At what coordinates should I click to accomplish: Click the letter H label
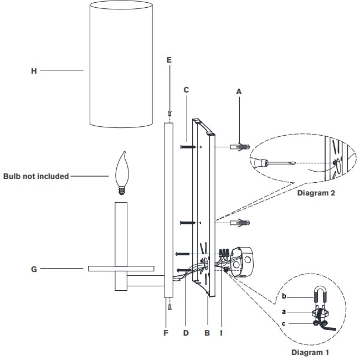pyautogui.click(x=34, y=71)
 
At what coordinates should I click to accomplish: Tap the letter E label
pyautogui.click(x=169, y=60)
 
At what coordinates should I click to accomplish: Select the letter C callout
pyautogui.click(x=186, y=90)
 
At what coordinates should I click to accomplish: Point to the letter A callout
pyautogui.click(x=239, y=91)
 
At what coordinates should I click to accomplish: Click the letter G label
pyautogui.click(x=34, y=269)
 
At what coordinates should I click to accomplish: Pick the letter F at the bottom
pyautogui.click(x=166, y=333)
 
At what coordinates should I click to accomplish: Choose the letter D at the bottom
pyautogui.click(x=186, y=333)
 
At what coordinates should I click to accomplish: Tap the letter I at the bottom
pyautogui.click(x=222, y=333)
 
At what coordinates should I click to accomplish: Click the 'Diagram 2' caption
pyautogui.click(x=316, y=193)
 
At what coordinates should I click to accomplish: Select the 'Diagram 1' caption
pyautogui.click(x=310, y=352)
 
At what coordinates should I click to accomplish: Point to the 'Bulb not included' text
pyautogui.click(x=36, y=176)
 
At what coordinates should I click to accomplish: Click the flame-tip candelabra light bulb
pyautogui.click(x=122, y=173)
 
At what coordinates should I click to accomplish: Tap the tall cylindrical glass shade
pyautogui.click(x=121, y=64)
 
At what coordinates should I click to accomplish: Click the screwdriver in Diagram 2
pyautogui.click(x=272, y=162)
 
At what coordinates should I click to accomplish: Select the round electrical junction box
pyautogui.click(x=242, y=262)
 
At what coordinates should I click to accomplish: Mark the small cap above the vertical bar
pyautogui.click(x=169, y=114)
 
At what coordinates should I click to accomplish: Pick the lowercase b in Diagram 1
pyautogui.click(x=284, y=296)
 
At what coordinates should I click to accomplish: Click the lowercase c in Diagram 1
pyautogui.click(x=284, y=323)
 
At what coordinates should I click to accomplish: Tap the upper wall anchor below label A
pyautogui.click(x=240, y=147)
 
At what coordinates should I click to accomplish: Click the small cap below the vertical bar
pyautogui.click(x=169, y=306)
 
